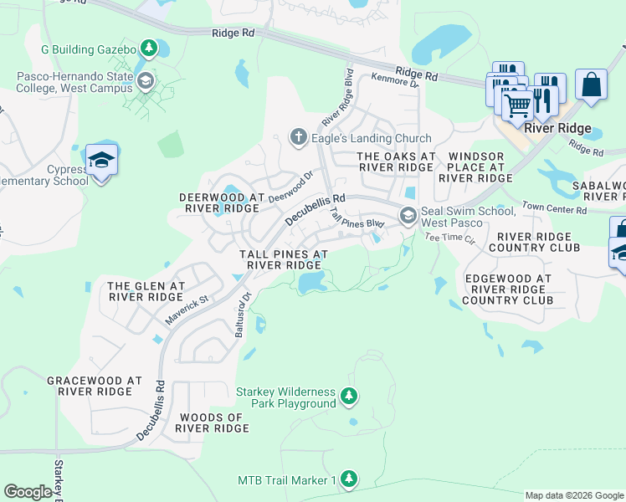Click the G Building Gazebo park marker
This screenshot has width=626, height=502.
(149, 49)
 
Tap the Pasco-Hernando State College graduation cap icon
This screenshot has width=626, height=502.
(146, 81)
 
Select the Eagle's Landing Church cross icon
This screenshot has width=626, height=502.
(298, 138)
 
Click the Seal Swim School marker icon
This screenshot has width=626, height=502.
(408, 216)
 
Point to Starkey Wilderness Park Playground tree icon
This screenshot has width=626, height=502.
(350, 397)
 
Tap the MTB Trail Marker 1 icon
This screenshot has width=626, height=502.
(349, 479)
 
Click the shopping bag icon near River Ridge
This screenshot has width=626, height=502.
(591, 85)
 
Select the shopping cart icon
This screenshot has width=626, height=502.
(518, 105)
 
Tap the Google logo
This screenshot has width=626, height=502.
(28, 492)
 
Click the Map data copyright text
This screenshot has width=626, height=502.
(574, 495)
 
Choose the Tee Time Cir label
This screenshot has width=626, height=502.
(449, 238)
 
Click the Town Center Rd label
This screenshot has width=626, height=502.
(555, 210)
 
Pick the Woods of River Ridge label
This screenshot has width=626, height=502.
(212, 423)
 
